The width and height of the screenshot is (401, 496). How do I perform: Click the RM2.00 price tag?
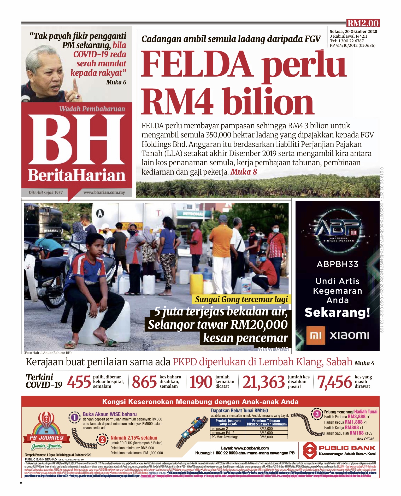[x=363, y=23]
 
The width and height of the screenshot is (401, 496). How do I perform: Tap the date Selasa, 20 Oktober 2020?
[x=353, y=32]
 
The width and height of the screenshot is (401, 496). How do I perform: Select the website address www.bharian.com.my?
[x=104, y=192]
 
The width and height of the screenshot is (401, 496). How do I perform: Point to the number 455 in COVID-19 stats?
[x=79, y=382]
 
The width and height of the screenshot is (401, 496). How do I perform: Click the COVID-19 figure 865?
[x=144, y=382]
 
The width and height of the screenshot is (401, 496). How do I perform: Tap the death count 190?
[x=200, y=382]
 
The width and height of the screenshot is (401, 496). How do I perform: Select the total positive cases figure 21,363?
[x=263, y=382]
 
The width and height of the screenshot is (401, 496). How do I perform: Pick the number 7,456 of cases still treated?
[x=334, y=382]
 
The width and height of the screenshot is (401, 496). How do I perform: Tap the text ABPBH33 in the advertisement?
[x=337, y=264]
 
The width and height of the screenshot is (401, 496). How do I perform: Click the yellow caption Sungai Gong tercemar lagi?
[x=241, y=299]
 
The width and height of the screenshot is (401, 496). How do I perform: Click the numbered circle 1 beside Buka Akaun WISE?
[x=74, y=418]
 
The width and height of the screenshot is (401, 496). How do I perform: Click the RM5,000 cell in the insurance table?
[x=266, y=437]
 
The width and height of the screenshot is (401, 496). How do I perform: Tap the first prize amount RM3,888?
[x=356, y=417]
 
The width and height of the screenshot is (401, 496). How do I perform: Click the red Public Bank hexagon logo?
[x=309, y=450]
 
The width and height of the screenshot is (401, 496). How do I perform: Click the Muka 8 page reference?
[x=244, y=172]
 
